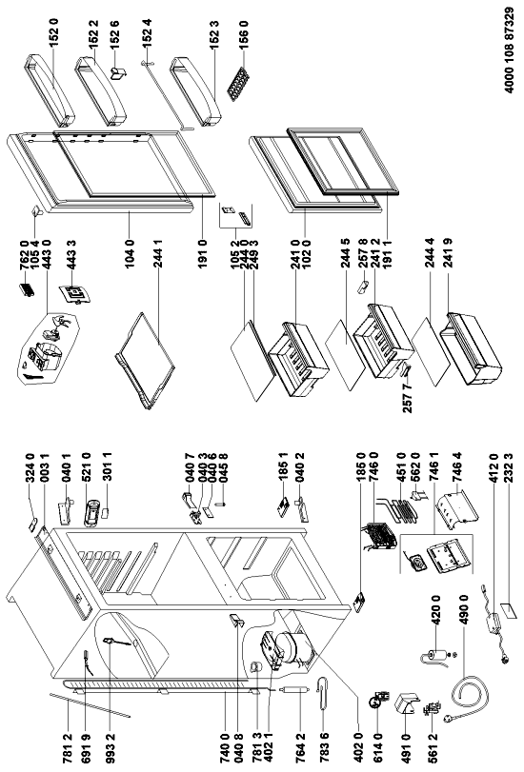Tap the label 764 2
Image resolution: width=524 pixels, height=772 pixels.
coord(301,747)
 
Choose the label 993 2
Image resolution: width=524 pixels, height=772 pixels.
coord(110,747)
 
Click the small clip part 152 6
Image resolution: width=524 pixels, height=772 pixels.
coord(118,73)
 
